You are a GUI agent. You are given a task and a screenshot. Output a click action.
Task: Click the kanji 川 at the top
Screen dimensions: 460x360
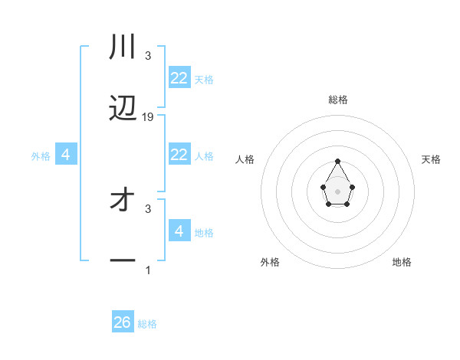pyautogui.click(x=123, y=48)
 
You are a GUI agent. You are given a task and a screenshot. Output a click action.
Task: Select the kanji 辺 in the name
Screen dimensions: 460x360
pyautogui.click(x=123, y=110)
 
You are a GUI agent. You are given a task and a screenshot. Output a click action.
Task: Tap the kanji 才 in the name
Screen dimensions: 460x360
pyautogui.click(x=123, y=201)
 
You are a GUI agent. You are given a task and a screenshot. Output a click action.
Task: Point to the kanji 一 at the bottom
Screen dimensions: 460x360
pyautogui.click(x=123, y=261)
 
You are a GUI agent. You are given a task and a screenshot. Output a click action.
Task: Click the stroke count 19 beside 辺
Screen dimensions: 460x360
pyautogui.click(x=148, y=117)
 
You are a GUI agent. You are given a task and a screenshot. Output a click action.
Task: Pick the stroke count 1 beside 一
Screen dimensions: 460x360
pyautogui.click(x=148, y=270)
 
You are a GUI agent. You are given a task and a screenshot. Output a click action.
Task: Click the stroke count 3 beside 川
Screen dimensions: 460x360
pyautogui.click(x=148, y=56)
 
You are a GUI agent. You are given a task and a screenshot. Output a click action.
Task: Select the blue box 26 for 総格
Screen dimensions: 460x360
pyautogui.click(x=123, y=322)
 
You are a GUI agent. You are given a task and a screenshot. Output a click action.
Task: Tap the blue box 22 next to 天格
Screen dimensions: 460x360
pyautogui.click(x=179, y=78)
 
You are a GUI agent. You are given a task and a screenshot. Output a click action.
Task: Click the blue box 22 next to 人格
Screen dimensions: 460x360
pyautogui.click(x=179, y=155)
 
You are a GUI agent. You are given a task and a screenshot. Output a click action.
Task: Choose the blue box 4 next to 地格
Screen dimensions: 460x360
pyautogui.click(x=179, y=231)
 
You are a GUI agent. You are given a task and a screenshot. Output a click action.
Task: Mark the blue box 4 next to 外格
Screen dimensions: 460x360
pyautogui.click(x=66, y=155)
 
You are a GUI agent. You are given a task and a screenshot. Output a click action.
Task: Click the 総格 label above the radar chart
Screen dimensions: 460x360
pyautogui.click(x=338, y=100)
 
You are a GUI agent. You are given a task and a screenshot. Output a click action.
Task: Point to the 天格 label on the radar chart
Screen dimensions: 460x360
pyautogui.click(x=431, y=159)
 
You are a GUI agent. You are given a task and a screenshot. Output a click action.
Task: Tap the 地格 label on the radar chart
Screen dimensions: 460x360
pyautogui.click(x=402, y=262)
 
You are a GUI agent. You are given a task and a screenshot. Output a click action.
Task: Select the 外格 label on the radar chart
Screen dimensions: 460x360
pyautogui.click(x=270, y=262)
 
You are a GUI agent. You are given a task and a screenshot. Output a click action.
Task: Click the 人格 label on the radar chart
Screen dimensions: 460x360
pyautogui.click(x=245, y=159)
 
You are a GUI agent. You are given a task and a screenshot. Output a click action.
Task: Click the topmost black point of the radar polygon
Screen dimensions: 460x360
pyautogui.click(x=337, y=161)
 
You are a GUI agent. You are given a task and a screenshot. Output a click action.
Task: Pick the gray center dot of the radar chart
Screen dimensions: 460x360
pyautogui.click(x=337, y=191)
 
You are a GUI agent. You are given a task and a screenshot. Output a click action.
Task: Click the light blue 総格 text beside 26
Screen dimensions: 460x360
pyautogui.click(x=147, y=324)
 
